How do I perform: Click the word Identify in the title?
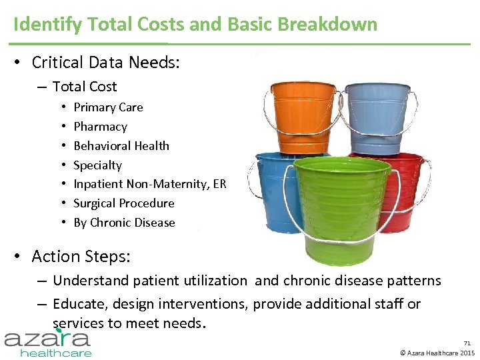tap(41, 25)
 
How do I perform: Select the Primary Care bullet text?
tap(108, 107)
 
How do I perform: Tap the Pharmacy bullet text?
tap(100, 127)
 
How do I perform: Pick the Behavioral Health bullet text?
tap(121, 146)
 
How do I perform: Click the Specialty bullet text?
tap(97, 165)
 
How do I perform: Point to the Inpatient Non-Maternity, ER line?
tap(149, 184)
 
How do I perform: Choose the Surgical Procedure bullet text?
tap(123, 203)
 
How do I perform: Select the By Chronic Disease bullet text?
tap(124, 223)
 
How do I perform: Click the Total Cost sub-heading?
tap(84, 87)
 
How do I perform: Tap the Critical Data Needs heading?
tap(105, 63)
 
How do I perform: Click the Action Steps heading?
tap(81, 257)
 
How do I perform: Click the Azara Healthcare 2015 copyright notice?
tap(437, 353)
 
